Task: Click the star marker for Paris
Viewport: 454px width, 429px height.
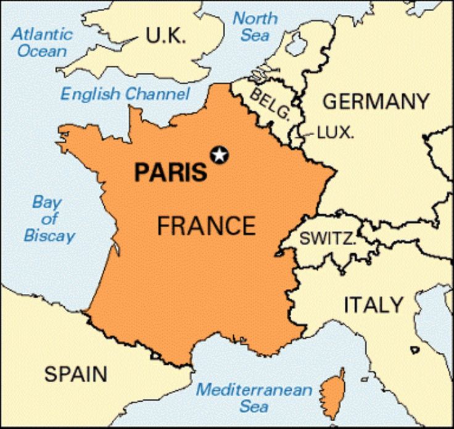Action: [219, 155]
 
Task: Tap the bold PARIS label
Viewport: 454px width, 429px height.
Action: [171, 172]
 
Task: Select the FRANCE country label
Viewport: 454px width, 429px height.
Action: [206, 226]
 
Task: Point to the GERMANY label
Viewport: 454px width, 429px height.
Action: [376, 101]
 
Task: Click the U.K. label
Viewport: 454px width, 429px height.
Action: [165, 36]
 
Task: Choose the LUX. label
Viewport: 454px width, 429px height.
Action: [335, 132]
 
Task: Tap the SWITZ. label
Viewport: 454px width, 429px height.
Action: [328, 239]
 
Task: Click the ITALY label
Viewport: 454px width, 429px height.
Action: [373, 304]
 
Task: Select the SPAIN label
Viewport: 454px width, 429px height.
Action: [76, 373]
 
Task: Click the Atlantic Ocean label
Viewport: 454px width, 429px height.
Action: [43, 42]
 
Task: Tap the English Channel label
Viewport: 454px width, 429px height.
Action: [125, 94]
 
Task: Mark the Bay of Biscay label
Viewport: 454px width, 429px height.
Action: [50, 219]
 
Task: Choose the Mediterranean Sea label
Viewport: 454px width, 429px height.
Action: [254, 398]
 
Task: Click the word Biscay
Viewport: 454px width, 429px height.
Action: [50, 235]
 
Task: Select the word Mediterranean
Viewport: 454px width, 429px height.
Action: [254, 390]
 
